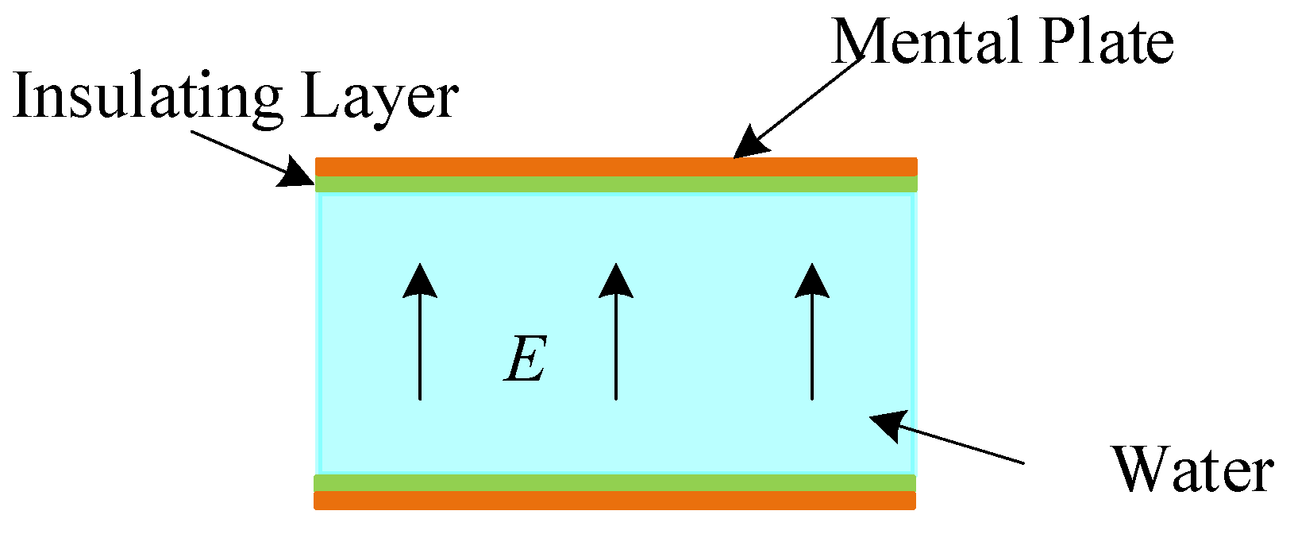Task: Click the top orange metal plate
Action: [616, 167]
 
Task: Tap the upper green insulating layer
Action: [616, 184]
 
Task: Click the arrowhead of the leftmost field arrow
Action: [420, 281]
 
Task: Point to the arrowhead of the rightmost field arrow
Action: [812, 281]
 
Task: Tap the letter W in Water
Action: [1140, 470]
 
